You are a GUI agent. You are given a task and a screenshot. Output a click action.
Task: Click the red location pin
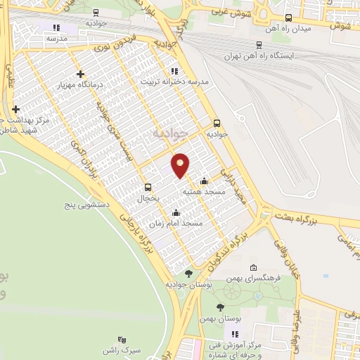click(x=181, y=165)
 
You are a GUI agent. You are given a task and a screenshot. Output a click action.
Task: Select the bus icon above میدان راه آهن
click(x=288, y=18)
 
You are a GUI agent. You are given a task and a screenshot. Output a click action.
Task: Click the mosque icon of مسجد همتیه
click(x=205, y=181)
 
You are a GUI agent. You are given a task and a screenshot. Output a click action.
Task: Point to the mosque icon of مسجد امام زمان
click(x=176, y=212)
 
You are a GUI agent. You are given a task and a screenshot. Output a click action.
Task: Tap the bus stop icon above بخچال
click(x=148, y=188)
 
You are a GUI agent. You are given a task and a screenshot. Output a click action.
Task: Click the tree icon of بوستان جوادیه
click(x=188, y=274)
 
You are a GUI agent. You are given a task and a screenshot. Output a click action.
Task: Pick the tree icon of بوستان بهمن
click(x=220, y=307)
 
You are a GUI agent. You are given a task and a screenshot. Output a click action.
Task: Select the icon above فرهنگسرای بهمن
click(x=253, y=268)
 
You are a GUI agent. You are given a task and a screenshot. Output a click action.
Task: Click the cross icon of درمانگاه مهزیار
click(x=81, y=74)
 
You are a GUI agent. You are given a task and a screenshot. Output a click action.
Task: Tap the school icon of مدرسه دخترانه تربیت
click(x=175, y=71)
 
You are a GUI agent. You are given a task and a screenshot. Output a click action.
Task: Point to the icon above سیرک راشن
click(x=122, y=339)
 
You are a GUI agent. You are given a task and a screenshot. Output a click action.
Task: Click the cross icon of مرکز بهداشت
click(x=15, y=109)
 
